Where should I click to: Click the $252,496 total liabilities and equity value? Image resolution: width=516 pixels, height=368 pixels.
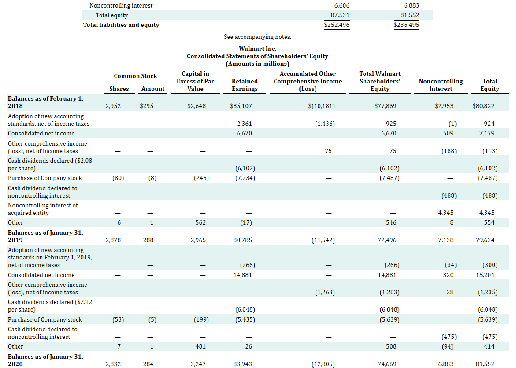pos(337,25)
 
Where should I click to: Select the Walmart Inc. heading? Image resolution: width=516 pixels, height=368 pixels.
pos(257,49)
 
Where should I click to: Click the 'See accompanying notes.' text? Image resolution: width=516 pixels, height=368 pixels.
pos(257,37)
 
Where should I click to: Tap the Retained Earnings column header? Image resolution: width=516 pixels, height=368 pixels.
pos(245,85)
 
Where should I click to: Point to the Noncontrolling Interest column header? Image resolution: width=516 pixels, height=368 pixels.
pos(441,85)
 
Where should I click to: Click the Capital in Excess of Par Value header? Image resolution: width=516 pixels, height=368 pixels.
pos(195,81)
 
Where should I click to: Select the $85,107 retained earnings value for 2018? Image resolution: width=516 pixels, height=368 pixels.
pos(241,106)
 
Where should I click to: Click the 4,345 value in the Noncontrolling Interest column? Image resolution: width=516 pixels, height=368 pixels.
pos(445,213)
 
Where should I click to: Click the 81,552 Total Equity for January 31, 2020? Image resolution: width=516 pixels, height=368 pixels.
pos(485,364)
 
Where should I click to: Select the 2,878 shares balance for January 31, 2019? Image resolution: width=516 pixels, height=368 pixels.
pos(114,240)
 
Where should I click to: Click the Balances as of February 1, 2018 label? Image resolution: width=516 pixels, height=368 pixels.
pos(45,102)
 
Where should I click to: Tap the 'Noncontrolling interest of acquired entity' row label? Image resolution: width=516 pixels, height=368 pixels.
pos(43,209)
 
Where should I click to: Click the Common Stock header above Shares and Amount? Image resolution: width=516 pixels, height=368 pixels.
pos(135,76)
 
